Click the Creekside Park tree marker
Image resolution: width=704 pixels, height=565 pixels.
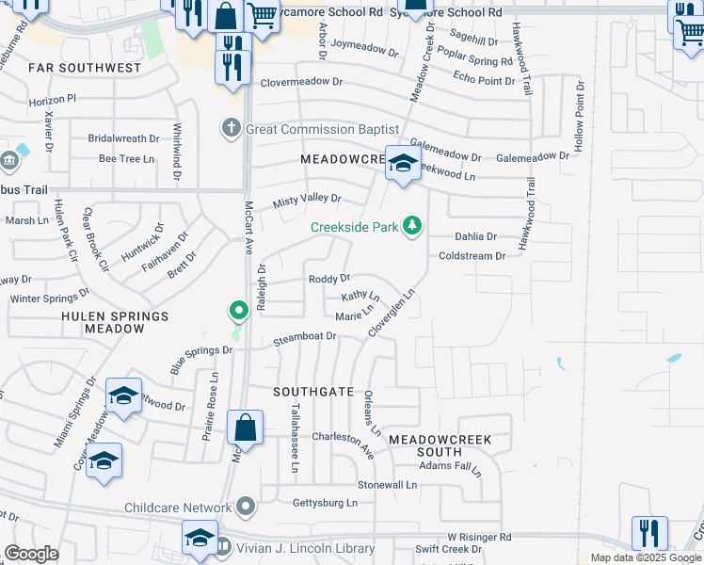click(411, 226)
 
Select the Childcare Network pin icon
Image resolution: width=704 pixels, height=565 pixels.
click(247, 508)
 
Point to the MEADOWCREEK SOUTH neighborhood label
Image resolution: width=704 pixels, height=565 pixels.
click(440, 446)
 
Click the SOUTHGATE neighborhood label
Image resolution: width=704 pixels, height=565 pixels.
click(313, 391)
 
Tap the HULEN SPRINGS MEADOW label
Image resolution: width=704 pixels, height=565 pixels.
click(102, 322)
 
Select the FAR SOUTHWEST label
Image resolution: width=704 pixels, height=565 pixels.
click(84, 68)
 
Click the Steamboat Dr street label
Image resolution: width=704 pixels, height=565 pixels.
click(305, 336)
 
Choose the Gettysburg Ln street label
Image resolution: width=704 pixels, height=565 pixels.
click(325, 504)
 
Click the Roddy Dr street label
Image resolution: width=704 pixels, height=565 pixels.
click(329, 279)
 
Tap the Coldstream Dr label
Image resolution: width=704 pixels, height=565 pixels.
click(472, 255)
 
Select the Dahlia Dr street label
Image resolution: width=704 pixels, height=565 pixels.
click(475, 237)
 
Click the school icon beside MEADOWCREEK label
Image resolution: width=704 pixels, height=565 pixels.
click(402, 164)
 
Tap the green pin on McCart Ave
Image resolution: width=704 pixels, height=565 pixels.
click(239, 310)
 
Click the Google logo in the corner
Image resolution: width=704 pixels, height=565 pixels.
click(31, 554)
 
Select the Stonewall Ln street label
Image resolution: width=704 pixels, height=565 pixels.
click(387, 484)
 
